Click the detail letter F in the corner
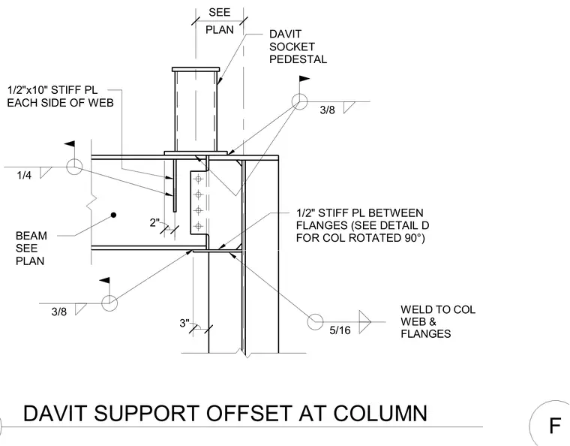coord(555,426)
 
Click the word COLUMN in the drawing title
coord(380,413)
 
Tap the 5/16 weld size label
coord(340,330)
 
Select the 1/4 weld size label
coord(24,176)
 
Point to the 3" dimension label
coord(184,323)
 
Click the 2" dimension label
coord(154,222)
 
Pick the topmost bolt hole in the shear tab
coord(199,179)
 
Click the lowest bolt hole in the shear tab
coord(199,226)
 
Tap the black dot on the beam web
coord(113,215)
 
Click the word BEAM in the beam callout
coord(31,236)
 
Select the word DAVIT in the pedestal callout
coord(285,34)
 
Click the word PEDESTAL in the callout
coord(298,59)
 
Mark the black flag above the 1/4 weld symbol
coord(70,144)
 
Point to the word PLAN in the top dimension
coord(220,30)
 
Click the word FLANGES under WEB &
coord(426,333)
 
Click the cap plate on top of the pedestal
coord(196,69)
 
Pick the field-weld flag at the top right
coord(304,79)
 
